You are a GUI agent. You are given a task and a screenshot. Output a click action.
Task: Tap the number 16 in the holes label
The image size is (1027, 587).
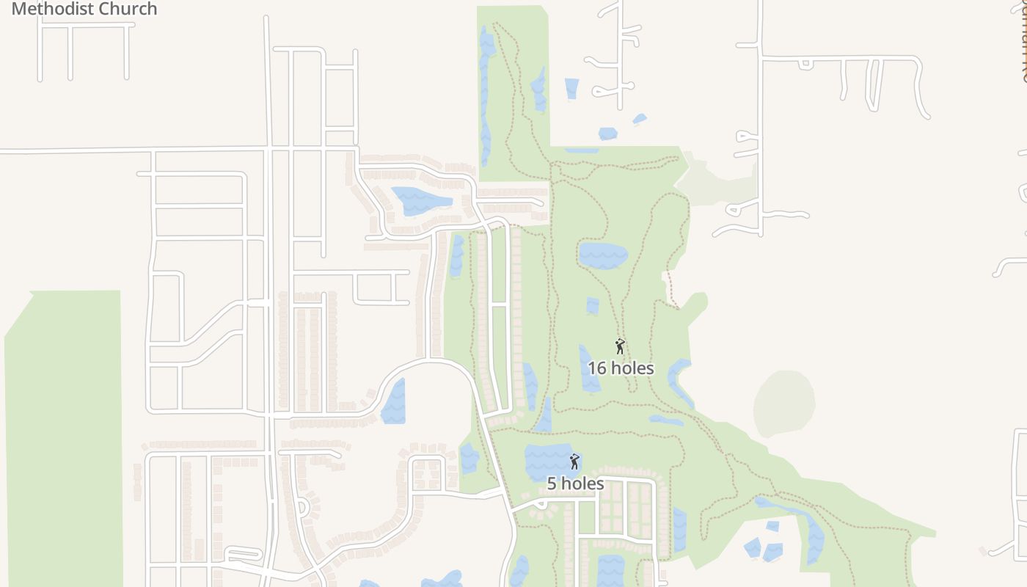[x=597, y=368]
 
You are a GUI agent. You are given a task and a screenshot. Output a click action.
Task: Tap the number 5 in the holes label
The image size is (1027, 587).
[x=552, y=484]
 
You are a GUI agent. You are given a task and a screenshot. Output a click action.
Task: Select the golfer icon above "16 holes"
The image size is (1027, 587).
[x=620, y=346]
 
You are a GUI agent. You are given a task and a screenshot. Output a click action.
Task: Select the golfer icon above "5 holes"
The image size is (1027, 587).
[x=574, y=462]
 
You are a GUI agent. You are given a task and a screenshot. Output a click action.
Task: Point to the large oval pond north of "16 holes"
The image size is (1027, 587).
[x=603, y=255]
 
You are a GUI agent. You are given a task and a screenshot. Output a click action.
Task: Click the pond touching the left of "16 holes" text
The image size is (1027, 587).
[x=588, y=367]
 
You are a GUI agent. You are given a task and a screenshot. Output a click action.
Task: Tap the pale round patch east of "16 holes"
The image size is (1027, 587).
[x=784, y=403]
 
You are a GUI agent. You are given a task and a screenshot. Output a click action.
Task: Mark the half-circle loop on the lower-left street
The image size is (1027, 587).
[x=303, y=507]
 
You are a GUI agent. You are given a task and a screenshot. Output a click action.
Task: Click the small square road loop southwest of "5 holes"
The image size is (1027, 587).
[x=428, y=473]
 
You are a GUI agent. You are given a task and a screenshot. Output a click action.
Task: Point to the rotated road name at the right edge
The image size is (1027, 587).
[x=1022, y=44]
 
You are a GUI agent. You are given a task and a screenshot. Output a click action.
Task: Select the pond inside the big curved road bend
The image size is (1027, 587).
[x=394, y=402]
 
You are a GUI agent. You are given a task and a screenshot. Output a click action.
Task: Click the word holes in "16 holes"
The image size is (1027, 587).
[x=632, y=368]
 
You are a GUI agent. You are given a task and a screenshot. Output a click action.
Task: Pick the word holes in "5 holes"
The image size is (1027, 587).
[x=584, y=484]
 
